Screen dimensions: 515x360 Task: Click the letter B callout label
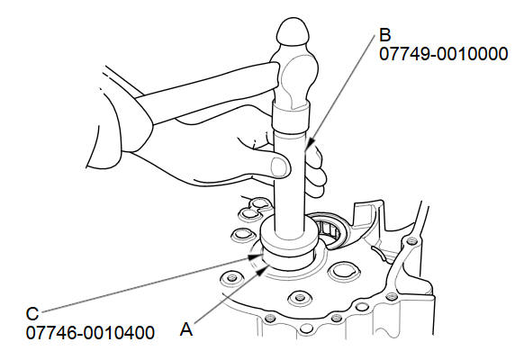pos(385,35)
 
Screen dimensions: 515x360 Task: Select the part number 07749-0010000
pos(443,54)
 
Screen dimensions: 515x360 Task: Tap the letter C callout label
pos(32,314)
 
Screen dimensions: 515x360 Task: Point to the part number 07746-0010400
pos(90,333)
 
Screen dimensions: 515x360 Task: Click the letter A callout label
pos(186,329)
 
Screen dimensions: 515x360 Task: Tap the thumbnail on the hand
pos(278,166)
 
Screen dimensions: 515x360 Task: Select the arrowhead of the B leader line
pos(311,143)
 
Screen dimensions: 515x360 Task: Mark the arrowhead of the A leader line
pos(263,270)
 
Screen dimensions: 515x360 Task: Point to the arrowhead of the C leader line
pos(254,256)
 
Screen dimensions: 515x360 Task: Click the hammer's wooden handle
pos(207,95)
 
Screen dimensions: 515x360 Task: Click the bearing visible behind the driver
pos(330,229)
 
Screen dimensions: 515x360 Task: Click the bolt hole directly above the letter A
pos(299,298)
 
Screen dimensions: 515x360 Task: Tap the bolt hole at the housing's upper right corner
pos(410,241)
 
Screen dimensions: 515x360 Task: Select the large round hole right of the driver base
pos(342,271)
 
